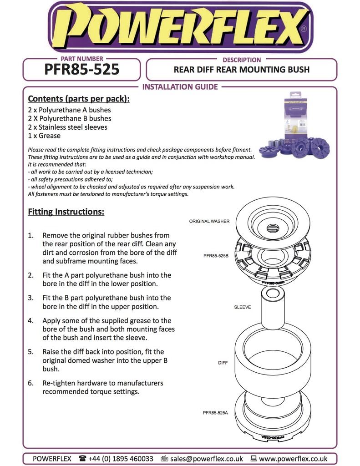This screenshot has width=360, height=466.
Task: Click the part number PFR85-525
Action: [x=82, y=69]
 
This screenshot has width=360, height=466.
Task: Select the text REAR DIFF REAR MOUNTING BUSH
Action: [x=241, y=70]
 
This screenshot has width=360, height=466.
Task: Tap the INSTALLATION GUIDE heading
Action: [x=180, y=86]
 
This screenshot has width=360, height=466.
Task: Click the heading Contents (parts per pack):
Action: [x=79, y=99]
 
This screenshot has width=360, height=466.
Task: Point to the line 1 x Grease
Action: [x=44, y=136]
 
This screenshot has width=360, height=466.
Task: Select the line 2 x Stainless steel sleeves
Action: [x=68, y=127]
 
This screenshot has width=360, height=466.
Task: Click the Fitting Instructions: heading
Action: [x=66, y=212]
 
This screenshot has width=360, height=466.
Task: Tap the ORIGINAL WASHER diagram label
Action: [x=209, y=221]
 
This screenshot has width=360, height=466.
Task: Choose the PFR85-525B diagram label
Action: [x=216, y=256]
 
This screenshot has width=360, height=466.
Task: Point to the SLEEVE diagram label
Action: [x=242, y=307]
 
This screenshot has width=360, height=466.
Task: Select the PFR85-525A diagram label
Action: [x=215, y=413]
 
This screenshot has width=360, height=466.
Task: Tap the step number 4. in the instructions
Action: [x=31, y=321]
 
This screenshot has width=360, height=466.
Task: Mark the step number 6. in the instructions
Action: [x=31, y=383]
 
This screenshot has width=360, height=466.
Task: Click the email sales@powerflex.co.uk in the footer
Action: [x=206, y=459]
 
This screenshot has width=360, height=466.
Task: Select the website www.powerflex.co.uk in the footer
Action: [x=293, y=459]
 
